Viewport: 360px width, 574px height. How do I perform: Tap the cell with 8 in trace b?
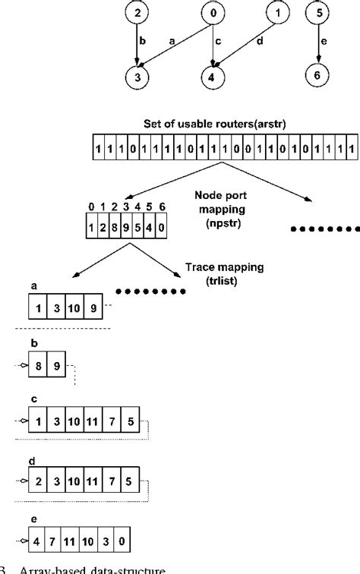[38, 367]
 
